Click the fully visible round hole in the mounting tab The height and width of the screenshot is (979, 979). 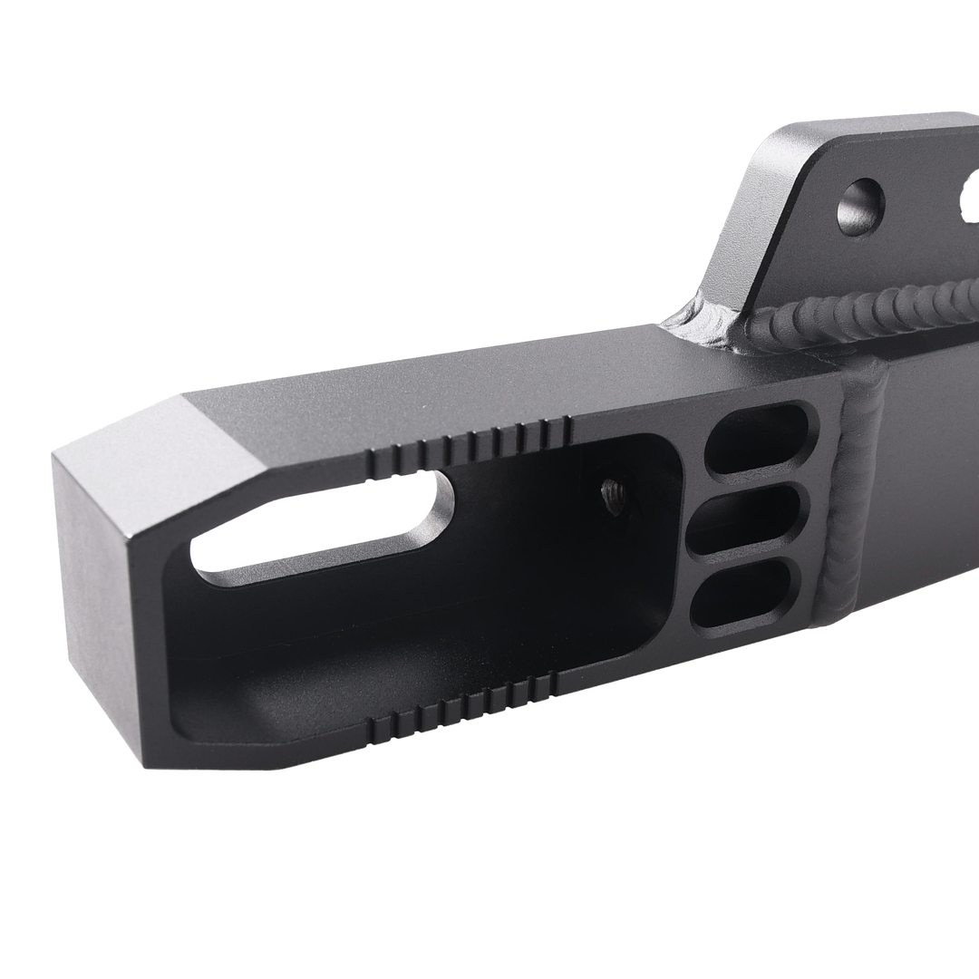coord(859,207)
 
